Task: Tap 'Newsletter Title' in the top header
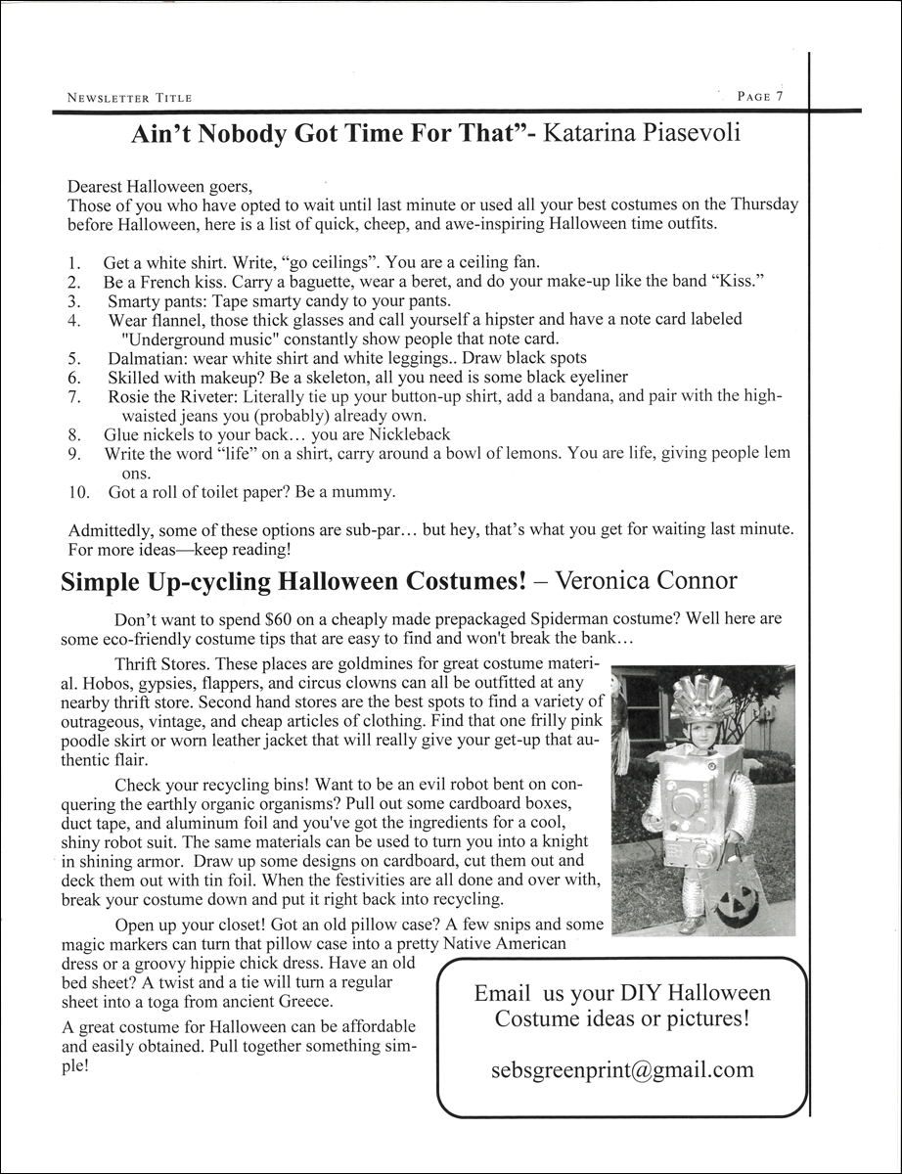click(129, 98)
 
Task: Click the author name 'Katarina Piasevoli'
click(643, 133)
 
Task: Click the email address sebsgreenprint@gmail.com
click(622, 1069)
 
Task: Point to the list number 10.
click(79, 491)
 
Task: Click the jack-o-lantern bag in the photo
click(739, 894)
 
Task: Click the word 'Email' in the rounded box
click(503, 993)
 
